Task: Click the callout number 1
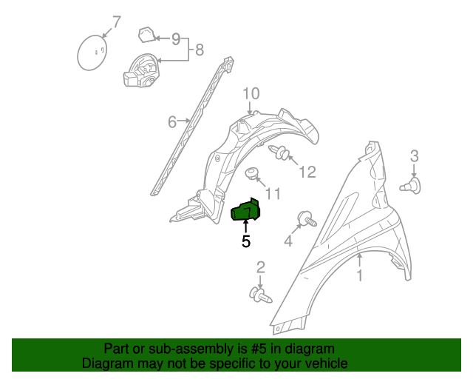[360, 276]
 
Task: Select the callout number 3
[414, 155]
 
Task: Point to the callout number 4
[288, 241]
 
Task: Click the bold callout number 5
[246, 241]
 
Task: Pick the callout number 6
[171, 121]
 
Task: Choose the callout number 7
[115, 21]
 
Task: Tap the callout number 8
[199, 51]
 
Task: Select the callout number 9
[176, 38]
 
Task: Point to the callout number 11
[273, 193]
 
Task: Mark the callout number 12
[307, 172]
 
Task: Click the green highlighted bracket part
[246, 211]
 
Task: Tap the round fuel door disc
[92, 53]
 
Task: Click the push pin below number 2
[261, 295]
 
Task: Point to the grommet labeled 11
[252, 174]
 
